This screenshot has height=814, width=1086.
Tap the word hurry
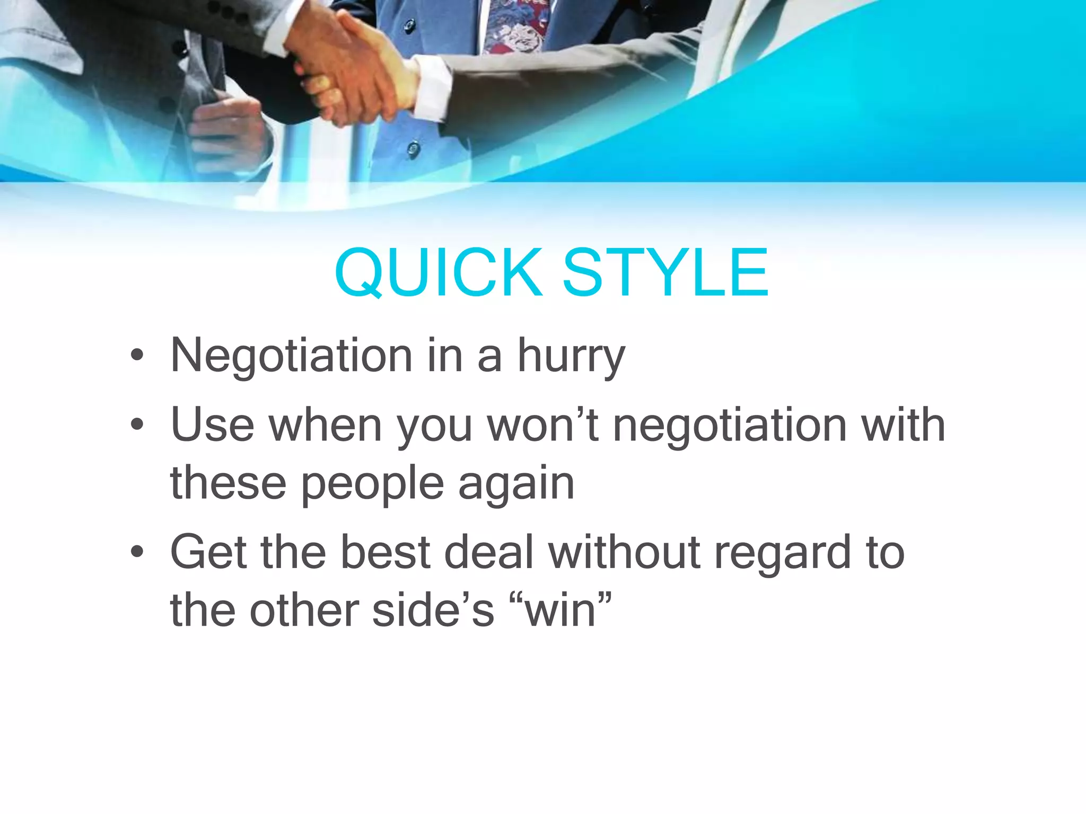571,356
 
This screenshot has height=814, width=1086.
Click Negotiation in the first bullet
291,356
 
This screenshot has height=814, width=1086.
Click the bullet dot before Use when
137,424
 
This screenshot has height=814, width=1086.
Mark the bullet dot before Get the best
137,552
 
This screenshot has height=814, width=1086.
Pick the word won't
543,424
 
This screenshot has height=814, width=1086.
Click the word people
372,484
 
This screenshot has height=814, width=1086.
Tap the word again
516,484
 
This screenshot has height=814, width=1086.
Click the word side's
433,610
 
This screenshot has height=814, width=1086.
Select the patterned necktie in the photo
512,26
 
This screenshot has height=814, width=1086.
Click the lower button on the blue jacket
414,149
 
